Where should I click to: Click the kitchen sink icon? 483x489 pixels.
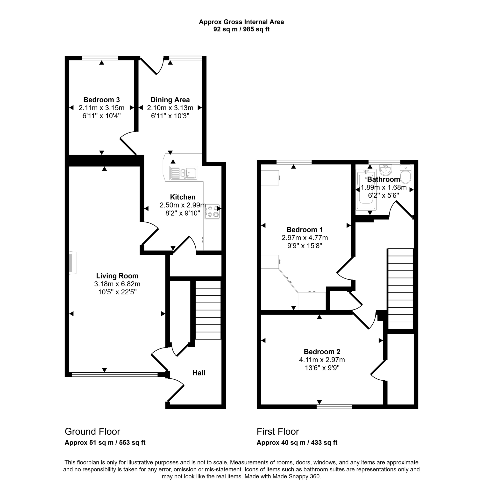[184, 173]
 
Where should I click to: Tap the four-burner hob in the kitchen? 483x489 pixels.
[212, 212]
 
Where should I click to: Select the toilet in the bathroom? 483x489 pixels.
[405, 174]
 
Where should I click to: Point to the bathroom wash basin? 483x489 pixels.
[385, 170]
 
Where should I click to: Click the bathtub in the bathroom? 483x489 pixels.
[366, 190]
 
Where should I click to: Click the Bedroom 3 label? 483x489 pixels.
[101, 100]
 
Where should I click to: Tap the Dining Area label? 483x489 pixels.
[170, 100]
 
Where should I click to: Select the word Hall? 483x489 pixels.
[199, 373]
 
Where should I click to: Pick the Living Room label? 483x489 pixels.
[117, 276]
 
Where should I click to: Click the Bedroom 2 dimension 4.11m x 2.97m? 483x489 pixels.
[322, 360]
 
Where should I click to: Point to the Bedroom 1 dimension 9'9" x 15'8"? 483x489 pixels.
[305, 246]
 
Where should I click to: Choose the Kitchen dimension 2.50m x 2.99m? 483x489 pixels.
[183, 205]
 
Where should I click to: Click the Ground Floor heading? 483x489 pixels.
[92, 431]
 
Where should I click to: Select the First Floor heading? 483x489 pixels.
[278, 431]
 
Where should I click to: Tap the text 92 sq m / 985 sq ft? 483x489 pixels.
[241, 29]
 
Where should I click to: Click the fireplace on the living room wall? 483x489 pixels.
[73, 263]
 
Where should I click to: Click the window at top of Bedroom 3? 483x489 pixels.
[100, 58]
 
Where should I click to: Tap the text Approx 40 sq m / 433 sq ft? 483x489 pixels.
[297, 442]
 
